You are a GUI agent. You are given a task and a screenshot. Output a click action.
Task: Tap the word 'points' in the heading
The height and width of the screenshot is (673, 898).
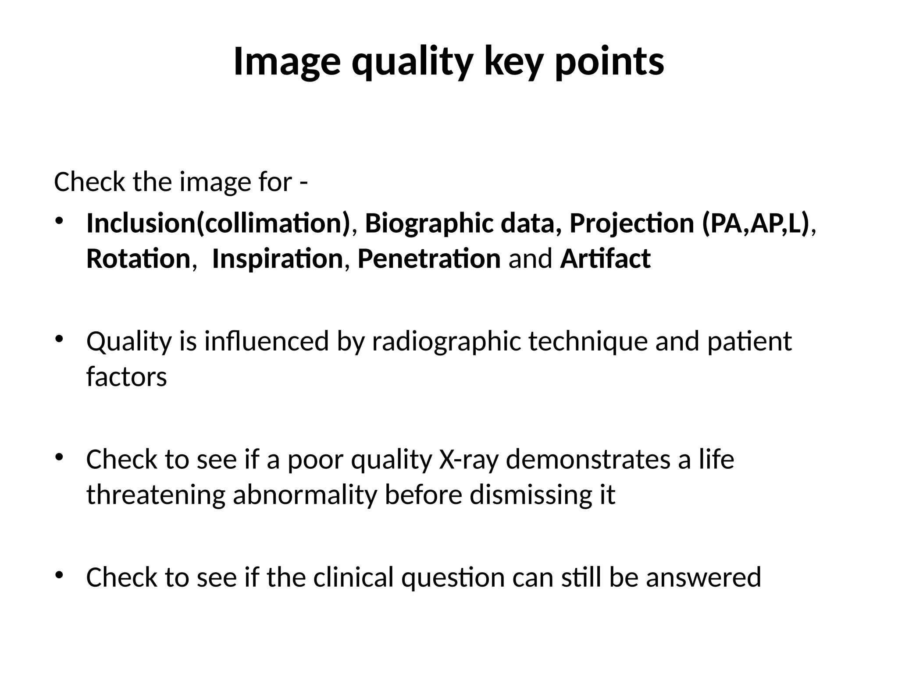point(609,62)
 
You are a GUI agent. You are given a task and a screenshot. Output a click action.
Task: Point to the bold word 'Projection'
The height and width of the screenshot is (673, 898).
point(631,223)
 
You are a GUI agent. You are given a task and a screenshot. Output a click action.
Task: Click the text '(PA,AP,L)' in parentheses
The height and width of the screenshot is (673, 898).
point(755,223)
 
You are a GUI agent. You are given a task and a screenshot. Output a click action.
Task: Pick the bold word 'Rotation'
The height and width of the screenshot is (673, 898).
point(138,259)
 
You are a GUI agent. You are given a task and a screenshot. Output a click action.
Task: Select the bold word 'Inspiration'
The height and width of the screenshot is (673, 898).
point(277,259)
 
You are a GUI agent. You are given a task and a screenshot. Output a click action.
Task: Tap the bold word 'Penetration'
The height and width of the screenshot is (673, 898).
point(429,259)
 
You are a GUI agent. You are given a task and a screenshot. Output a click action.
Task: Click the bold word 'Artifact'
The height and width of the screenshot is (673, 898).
point(605,259)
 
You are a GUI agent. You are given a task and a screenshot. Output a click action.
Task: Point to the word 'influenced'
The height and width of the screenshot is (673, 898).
point(267,341)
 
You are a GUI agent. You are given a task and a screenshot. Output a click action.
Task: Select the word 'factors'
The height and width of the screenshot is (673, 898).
point(126,377)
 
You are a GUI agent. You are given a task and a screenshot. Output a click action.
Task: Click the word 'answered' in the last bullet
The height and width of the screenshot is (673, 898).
point(703,577)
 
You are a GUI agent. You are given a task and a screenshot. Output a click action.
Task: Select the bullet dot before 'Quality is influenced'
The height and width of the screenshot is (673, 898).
point(60,339)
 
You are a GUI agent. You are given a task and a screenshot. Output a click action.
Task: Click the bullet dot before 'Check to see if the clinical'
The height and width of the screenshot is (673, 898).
point(60,575)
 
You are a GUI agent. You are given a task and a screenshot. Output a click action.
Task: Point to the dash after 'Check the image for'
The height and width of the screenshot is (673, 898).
point(303,183)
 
